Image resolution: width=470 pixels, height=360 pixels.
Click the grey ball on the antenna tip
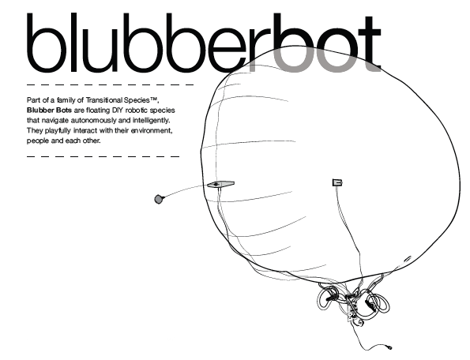point(159,199)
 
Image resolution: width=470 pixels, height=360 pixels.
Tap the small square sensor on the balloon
point(337,182)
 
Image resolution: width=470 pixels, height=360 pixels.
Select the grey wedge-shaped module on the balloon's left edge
point(220,184)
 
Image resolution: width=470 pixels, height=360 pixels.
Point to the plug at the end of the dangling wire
point(389,347)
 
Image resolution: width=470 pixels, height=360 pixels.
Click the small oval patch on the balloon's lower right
point(408,258)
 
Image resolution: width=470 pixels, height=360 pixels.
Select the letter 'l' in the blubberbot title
point(73,42)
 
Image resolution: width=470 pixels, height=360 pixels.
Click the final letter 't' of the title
point(370,46)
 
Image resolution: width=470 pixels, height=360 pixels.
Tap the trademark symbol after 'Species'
point(153,99)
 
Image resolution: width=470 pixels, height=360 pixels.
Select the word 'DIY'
point(118,111)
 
